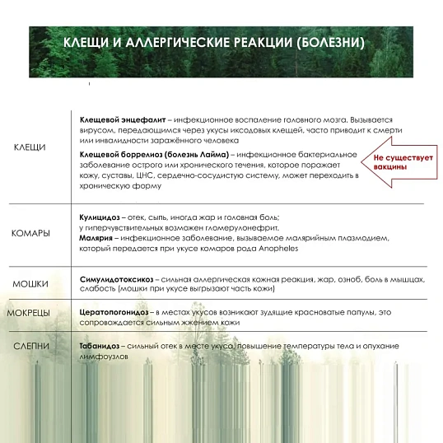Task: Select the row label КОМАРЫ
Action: click(x=31, y=233)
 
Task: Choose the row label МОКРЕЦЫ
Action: click(x=29, y=313)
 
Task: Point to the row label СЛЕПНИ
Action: click(x=31, y=346)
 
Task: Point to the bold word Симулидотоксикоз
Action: click(x=115, y=281)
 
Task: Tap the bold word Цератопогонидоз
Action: click(x=114, y=312)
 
